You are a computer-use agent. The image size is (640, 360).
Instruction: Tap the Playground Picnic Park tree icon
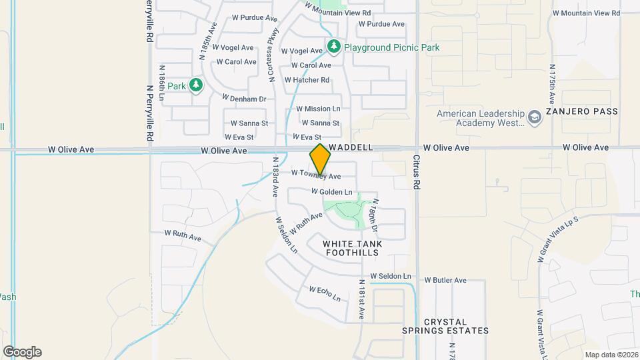click(334, 47)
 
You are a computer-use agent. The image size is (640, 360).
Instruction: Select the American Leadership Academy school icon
click(534, 117)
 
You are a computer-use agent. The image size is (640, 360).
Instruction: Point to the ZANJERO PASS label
click(582, 111)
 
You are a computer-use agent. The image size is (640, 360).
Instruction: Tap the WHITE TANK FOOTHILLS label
click(353, 249)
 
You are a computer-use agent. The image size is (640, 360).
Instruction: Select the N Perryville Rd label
click(150, 114)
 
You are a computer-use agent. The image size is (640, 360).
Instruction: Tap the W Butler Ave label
click(445, 280)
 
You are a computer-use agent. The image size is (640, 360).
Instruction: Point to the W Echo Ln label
click(325, 293)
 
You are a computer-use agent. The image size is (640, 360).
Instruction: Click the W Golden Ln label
click(331, 192)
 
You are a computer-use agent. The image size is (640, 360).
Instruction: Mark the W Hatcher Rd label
click(307, 80)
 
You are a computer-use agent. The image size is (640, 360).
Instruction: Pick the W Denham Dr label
click(244, 98)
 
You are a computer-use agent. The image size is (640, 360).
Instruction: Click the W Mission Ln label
click(318, 108)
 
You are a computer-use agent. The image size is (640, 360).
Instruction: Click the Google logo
click(22, 352)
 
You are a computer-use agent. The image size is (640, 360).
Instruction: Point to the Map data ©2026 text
click(611, 355)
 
